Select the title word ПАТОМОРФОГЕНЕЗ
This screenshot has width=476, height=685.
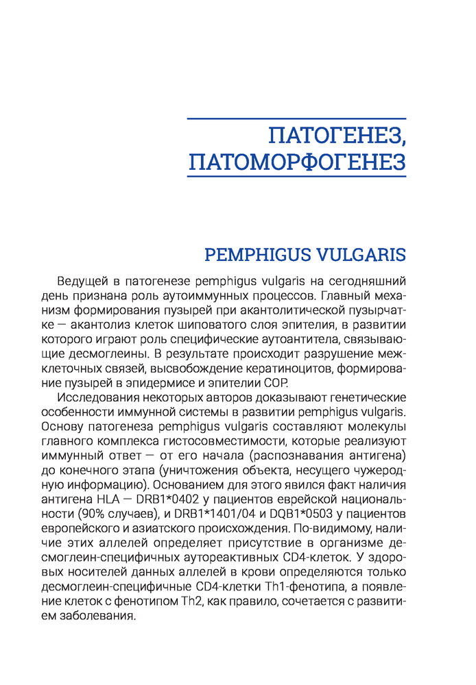point(297,162)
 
